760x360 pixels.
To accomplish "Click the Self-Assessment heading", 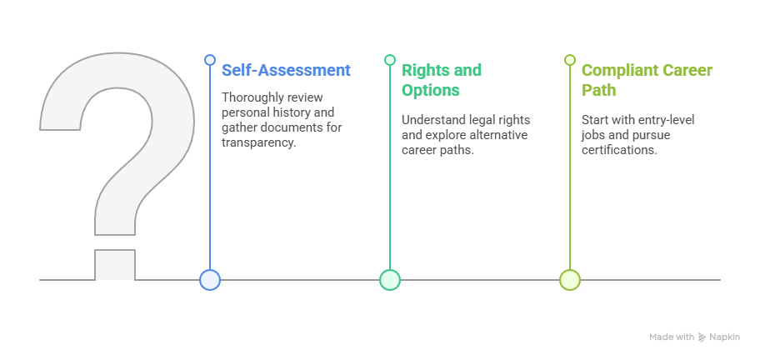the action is [286, 70].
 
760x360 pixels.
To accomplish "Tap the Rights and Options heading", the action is [442, 80].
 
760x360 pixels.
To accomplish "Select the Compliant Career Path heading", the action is [647, 80].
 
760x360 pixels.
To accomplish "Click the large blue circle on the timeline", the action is [210, 280].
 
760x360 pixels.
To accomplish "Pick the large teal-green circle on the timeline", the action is [390, 280].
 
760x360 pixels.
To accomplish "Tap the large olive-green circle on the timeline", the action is [570, 280].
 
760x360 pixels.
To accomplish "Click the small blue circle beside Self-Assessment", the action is [210, 60].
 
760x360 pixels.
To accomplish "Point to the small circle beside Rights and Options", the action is [390, 60].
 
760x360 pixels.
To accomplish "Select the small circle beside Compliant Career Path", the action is [570, 60].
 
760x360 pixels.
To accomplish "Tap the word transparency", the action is [258, 143].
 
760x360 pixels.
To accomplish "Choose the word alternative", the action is [499, 135].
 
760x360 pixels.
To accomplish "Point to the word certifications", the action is [619, 150].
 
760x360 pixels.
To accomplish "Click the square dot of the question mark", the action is [115, 264].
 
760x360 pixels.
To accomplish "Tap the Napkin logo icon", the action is [702, 337].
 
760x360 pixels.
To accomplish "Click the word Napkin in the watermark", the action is [725, 337].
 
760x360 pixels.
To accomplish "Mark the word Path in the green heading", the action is [598, 90].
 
